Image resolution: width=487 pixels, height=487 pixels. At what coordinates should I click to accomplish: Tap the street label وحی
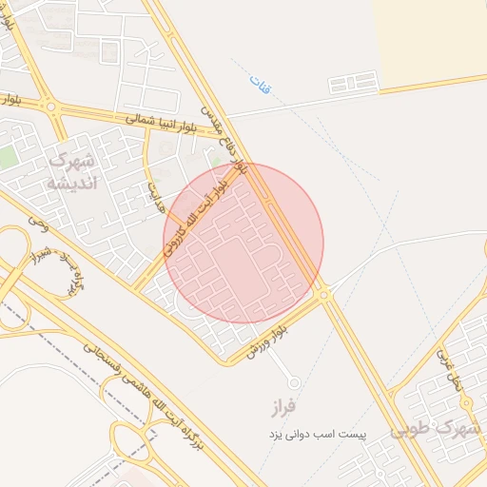pyautogui.click(x=38, y=220)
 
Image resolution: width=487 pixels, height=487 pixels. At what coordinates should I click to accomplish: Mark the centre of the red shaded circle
pyautogui.click(x=243, y=243)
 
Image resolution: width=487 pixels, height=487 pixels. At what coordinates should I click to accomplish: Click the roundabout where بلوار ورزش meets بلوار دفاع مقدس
pyautogui.click(x=325, y=295)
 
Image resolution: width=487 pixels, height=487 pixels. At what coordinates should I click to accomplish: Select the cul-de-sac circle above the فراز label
pyautogui.click(x=294, y=382)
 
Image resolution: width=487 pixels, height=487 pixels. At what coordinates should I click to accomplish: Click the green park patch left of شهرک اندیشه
pyautogui.click(x=8, y=156)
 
